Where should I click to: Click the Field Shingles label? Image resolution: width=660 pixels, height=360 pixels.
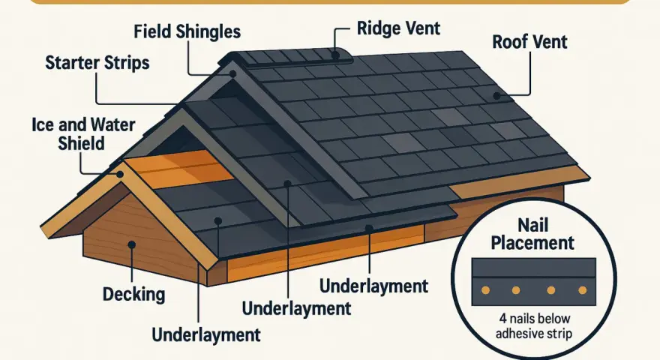click(187, 32)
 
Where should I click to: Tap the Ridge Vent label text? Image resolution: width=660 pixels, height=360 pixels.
click(398, 28)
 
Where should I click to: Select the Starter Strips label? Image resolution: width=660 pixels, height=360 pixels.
click(97, 63)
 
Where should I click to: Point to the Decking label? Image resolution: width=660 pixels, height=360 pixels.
click(133, 294)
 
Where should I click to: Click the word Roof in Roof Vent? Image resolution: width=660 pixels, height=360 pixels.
click(509, 42)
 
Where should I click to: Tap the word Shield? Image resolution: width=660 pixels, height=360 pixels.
click(81, 143)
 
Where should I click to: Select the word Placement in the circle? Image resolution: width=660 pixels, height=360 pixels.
click(532, 243)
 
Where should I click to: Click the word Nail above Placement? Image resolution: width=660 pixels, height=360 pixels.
click(532, 225)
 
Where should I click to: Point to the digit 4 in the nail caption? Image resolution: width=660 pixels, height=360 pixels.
click(503, 318)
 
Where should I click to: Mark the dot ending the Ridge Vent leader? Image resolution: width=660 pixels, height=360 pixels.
click(335, 55)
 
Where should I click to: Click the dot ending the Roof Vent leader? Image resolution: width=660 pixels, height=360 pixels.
click(496, 96)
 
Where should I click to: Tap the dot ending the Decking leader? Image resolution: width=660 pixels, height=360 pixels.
click(132, 244)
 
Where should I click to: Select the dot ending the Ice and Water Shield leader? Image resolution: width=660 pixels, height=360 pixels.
click(120, 174)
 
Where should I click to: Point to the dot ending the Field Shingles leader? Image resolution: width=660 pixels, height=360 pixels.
click(232, 73)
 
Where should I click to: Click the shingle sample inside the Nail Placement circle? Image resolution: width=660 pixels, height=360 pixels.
click(534, 282)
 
